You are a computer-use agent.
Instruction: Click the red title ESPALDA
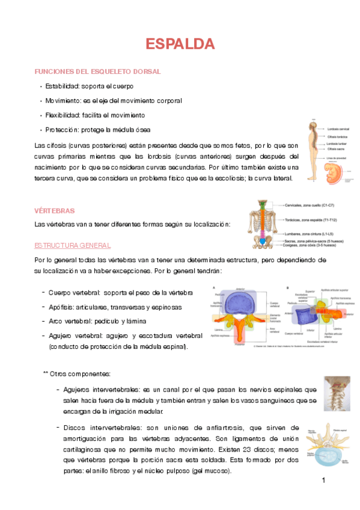point(180,44)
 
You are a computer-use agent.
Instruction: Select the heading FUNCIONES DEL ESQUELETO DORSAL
point(98,72)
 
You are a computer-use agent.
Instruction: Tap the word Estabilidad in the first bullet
point(62,86)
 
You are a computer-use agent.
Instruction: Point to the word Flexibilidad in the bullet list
point(62,115)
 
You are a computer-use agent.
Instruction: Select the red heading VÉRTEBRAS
point(55,210)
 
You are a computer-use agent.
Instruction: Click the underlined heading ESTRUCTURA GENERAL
point(72,246)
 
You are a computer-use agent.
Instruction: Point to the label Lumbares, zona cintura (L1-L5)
point(310,232)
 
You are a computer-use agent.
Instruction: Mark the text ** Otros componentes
point(76,373)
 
